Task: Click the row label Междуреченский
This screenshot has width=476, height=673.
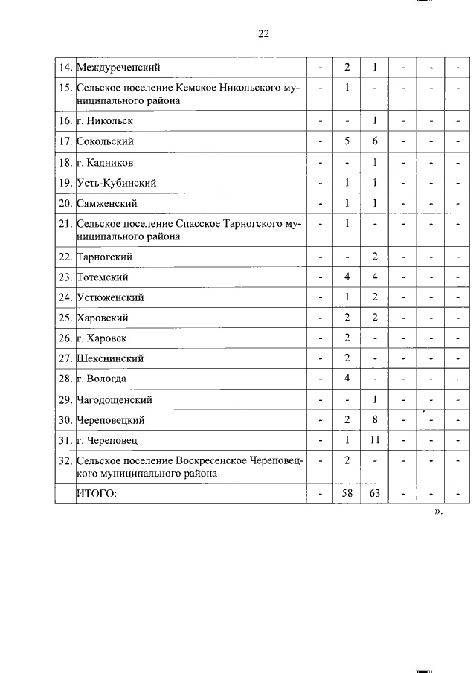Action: click(x=118, y=68)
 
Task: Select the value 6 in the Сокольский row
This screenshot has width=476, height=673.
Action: click(x=376, y=141)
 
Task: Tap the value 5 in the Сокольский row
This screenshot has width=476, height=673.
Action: click(x=347, y=141)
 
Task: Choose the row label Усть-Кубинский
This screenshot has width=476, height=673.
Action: click(x=116, y=183)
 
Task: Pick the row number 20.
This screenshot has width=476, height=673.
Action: click(x=65, y=203)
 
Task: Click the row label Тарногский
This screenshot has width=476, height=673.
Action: click(x=106, y=257)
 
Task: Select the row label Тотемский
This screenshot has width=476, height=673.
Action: click(x=103, y=277)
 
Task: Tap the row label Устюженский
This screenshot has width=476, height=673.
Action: click(x=110, y=297)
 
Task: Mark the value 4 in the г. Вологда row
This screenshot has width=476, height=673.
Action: click(x=347, y=379)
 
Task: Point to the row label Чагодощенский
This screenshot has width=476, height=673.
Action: click(x=115, y=399)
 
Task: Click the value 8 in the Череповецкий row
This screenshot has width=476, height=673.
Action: click(x=376, y=419)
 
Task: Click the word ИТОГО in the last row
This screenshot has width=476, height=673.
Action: click(x=98, y=494)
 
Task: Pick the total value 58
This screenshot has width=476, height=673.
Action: click(x=347, y=494)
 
